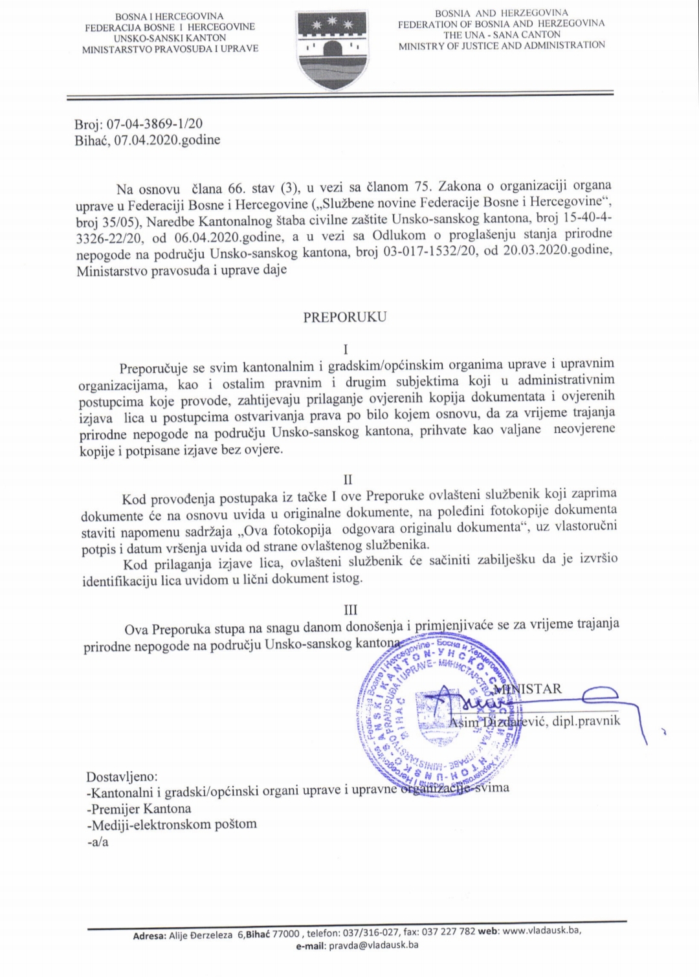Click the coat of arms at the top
[x=327, y=49]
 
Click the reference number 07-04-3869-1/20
[x=156, y=124]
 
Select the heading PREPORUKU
[x=345, y=317]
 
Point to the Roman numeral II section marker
[x=348, y=479]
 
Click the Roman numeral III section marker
[x=350, y=609]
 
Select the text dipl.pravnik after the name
[x=586, y=720]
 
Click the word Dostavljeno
[x=122, y=776]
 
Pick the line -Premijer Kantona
[x=139, y=809]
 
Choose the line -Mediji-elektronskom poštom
[x=172, y=825]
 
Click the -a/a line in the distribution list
[x=98, y=842]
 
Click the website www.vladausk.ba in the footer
[x=541, y=931]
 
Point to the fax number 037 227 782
[x=449, y=932]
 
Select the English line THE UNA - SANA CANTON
[x=502, y=35]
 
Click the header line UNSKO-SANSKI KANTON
[x=170, y=38]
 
